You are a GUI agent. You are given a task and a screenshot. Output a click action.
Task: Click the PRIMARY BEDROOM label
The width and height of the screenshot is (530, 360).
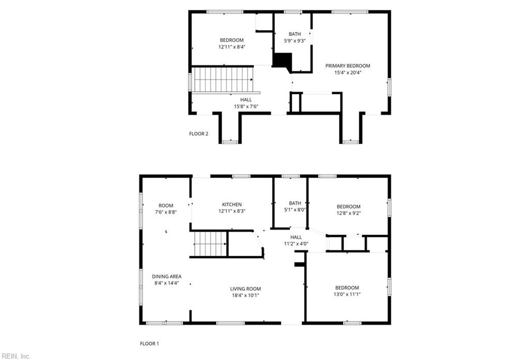(x=347, y=66)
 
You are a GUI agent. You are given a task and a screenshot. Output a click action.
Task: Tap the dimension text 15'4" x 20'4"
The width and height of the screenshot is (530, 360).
(x=347, y=73)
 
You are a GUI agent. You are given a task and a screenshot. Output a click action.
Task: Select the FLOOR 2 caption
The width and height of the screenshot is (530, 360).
(x=198, y=133)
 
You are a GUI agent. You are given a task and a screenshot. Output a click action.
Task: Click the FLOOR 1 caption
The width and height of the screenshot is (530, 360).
(x=150, y=343)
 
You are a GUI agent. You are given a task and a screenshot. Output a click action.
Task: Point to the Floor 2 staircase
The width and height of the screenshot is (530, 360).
(x=223, y=79)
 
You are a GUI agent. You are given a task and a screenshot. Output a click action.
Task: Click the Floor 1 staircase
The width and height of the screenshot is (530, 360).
(x=210, y=244)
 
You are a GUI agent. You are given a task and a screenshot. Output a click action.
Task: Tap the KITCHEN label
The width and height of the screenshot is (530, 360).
(x=232, y=205)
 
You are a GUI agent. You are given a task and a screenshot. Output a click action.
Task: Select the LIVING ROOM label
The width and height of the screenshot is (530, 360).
(x=245, y=289)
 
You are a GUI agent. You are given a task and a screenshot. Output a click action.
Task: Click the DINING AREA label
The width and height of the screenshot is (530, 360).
(x=166, y=276)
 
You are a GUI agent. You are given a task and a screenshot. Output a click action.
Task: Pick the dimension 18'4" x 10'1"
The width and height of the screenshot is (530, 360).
(x=245, y=296)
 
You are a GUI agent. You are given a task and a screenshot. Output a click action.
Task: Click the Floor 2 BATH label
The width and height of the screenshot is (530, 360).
(x=295, y=34)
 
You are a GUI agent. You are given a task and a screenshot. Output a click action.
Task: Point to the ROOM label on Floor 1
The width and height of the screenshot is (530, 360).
(x=166, y=205)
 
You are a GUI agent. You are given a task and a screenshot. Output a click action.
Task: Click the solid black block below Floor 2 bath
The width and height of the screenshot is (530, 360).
(x=282, y=61)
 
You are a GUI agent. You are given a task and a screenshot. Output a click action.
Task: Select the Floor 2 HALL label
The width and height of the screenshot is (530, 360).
(x=246, y=99)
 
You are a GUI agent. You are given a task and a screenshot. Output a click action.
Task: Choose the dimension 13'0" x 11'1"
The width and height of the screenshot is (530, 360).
(x=347, y=294)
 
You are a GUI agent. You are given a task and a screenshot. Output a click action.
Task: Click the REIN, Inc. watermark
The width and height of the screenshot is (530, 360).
(x=17, y=356)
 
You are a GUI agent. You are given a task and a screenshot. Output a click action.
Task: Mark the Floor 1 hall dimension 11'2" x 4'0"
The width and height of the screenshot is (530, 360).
(x=296, y=244)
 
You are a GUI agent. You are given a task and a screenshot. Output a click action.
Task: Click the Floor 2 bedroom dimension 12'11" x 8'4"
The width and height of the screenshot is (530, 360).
(x=231, y=47)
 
